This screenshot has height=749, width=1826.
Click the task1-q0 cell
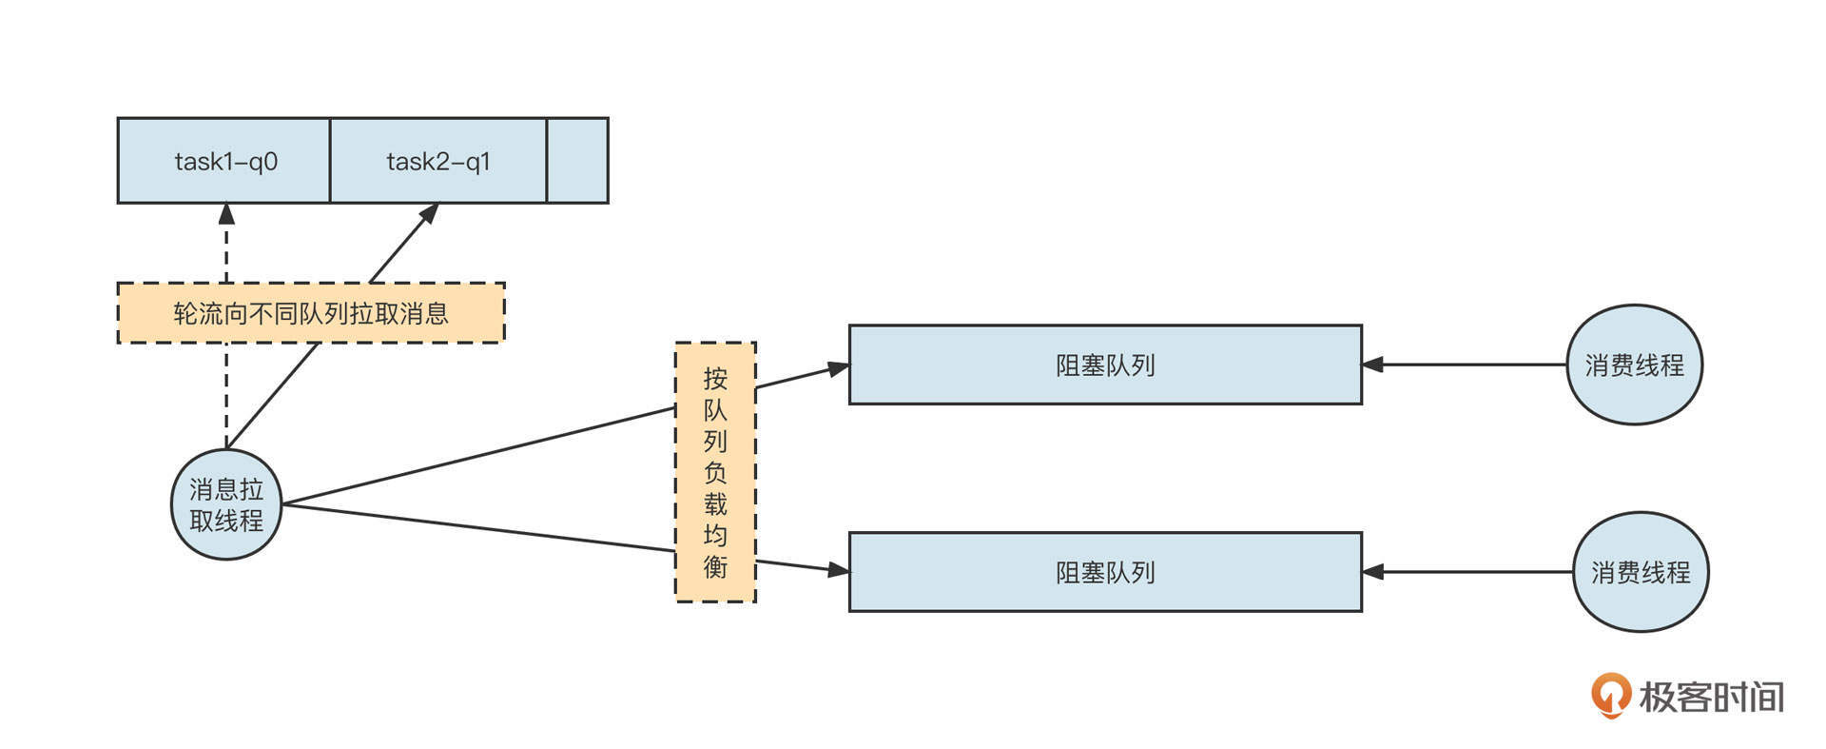coord(224,161)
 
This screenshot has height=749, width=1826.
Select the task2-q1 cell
coord(438,161)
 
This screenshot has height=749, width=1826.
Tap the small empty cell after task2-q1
coord(577,161)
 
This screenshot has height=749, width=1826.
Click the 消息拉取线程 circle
coord(226,504)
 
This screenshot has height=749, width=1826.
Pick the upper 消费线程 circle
coord(1634,365)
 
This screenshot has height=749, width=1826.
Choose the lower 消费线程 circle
coord(1641,572)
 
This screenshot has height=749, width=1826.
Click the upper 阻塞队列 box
coord(1105,365)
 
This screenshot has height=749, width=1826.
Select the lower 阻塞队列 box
coord(1105,572)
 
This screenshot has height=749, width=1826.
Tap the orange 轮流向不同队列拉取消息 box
coord(311,313)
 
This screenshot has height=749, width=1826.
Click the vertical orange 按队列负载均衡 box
coord(715,472)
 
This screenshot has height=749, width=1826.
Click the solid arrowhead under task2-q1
coord(430,212)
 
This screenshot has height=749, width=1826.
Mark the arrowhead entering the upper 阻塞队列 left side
coord(838,368)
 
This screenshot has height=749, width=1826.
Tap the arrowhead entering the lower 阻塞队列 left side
coord(838,570)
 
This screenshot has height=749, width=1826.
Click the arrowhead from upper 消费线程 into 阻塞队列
coord(1372,365)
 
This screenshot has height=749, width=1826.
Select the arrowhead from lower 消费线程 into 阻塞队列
coord(1372,572)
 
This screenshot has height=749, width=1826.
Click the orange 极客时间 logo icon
coord(1610,696)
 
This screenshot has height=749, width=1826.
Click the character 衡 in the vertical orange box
coord(715,566)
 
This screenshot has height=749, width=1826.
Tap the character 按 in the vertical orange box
coord(715,379)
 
